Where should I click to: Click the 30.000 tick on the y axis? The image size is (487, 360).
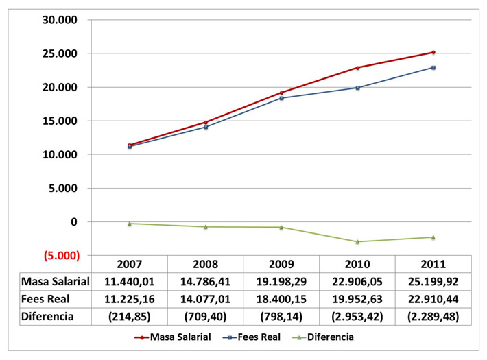[59, 19]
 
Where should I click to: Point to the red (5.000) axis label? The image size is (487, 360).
[59, 256]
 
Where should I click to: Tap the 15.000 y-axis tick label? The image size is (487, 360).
[59, 121]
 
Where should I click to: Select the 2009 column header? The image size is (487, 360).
[281, 264]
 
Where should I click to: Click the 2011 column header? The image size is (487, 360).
[433, 264]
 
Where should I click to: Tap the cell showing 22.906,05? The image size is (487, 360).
[357, 281]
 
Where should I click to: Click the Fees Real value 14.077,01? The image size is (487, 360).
[205, 298]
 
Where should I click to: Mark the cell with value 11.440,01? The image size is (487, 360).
[129, 281]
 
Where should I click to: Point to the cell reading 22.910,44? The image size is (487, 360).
[433, 298]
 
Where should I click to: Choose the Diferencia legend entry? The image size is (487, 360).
[327, 337]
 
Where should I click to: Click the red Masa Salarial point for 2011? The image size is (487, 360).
[433, 52]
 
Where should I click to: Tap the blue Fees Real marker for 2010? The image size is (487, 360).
[357, 87]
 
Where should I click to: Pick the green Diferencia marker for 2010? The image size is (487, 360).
[357, 241]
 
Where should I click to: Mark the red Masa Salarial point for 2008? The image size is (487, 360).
[205, 122]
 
